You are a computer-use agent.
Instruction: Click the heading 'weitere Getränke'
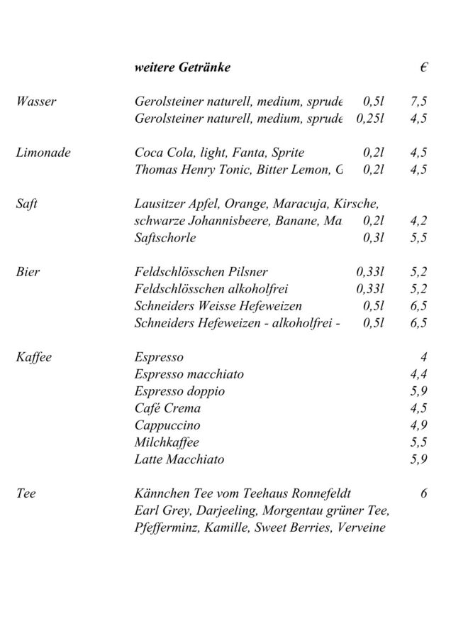coord(182,68)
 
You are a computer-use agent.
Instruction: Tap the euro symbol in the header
coord(423,68)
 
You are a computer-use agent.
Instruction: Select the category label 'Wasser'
coord(36,102)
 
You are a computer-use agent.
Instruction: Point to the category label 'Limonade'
coord(43,153)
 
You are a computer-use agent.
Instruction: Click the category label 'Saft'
coord(27,204)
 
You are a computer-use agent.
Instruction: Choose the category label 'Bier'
coord(28,272)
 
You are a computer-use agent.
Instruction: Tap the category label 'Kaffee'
coord(34,357)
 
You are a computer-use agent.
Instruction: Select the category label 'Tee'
coord(26,493)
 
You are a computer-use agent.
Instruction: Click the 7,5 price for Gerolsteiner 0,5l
coord(418,102)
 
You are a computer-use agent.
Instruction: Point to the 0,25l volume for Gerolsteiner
coord(369,119)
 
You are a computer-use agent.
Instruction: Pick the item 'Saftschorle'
coord(165,238)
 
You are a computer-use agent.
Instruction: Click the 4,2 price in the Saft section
coord(418,221)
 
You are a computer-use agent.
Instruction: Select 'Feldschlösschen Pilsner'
coord(201,272)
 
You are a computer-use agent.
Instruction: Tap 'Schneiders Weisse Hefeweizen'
coord(218,306)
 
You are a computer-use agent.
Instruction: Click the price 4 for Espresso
coord(423,357)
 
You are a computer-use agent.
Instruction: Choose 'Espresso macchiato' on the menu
coord(189,374)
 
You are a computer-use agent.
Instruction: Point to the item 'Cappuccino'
coord(167,425)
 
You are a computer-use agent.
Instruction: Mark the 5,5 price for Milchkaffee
coord(418,442)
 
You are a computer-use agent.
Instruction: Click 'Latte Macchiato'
coord(179,459)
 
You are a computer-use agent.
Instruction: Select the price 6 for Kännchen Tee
coord(423,493)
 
